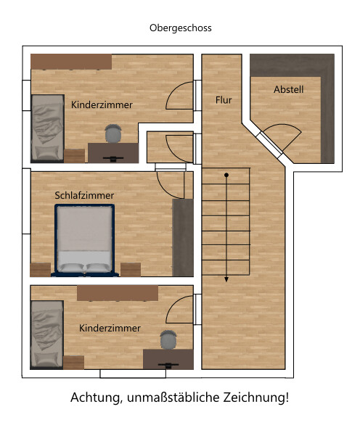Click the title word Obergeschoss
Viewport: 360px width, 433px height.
181,28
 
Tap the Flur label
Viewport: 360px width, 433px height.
224,100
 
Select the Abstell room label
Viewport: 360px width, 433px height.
288,89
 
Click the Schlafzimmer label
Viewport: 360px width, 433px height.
84,196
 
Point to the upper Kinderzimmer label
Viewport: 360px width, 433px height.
102,105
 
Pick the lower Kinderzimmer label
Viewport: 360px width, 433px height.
110,328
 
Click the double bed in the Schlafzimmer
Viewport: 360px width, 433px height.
85,240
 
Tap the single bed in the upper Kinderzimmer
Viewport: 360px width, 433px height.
47,128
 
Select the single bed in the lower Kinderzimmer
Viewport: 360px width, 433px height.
47,334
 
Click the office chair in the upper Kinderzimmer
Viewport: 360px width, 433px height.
113,133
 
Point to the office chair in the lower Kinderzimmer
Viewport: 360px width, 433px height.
168,339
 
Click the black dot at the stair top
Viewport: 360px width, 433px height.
226,175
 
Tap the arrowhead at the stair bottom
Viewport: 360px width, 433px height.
226,279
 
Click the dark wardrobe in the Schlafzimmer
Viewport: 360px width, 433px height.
183,237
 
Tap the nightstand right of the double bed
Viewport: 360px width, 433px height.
131,270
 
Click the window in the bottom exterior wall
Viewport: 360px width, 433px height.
133,374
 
